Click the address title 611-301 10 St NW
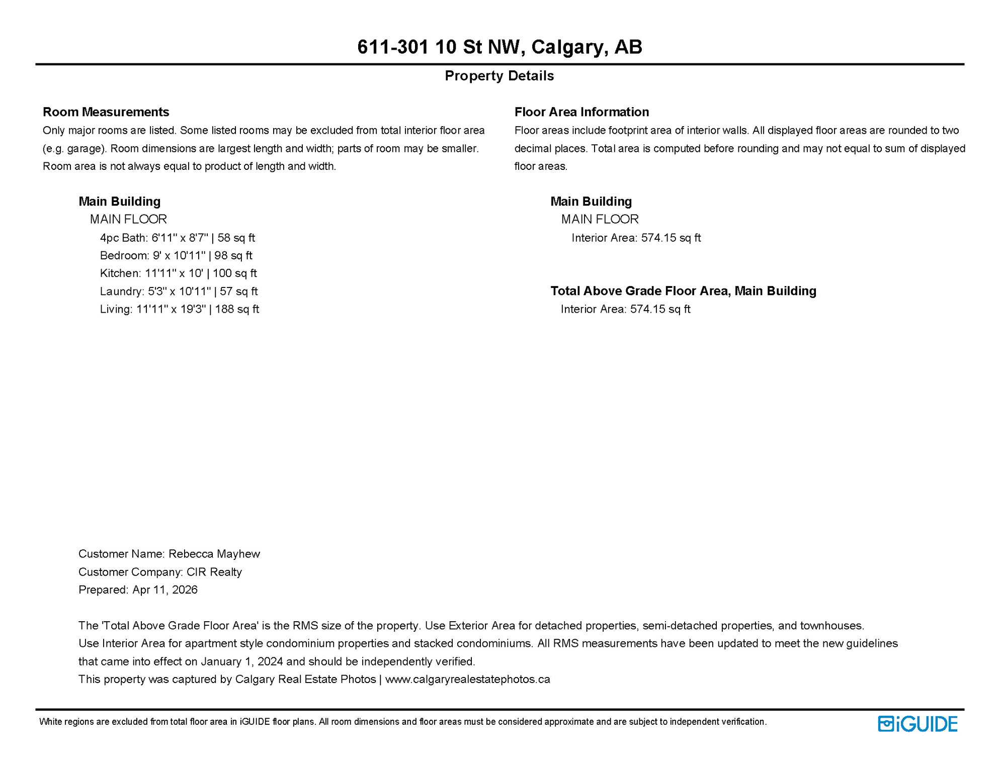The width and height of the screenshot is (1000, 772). [499, 47]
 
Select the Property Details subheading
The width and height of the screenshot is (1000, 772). [499, 76]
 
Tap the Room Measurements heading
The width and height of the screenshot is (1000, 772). [106, 112]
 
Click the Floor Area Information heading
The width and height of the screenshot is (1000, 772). [581, 112]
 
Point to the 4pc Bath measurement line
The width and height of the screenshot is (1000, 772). [177, 238]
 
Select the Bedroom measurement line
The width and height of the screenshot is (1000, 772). [176, 255]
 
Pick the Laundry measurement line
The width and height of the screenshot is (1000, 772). [179, 292]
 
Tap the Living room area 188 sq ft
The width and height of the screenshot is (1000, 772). [237, 309]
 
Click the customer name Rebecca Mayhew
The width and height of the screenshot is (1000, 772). [214, 554]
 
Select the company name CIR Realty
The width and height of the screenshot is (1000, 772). [214, 572]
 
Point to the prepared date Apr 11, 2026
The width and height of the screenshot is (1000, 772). [164, 590]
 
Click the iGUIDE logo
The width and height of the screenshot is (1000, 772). [918, 724]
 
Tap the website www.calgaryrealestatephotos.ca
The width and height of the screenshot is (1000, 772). [467, 680]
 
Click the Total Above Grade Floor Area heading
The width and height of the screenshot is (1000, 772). [683, 291]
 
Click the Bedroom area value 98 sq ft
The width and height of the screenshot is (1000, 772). [233, 255]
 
